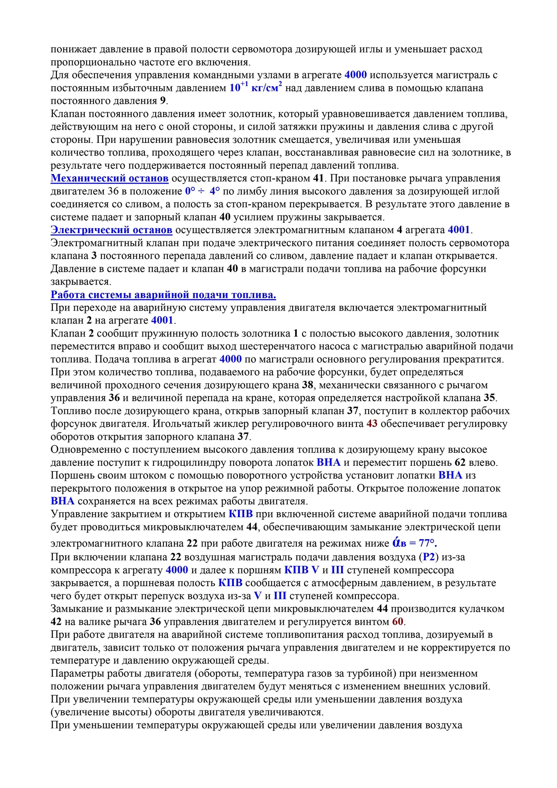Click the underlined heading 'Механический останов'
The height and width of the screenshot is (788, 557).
(110, 179)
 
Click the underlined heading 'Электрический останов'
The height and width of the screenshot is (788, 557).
(111, 230)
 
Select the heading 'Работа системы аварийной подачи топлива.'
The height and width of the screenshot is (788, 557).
(163, 295)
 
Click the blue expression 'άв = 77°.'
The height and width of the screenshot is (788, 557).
(415, 543)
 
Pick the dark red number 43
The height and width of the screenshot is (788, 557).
(372, 424)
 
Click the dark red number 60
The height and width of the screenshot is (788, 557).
(397, 622)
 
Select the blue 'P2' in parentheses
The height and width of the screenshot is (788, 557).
(429, 557)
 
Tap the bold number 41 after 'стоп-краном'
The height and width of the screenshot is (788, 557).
(319, 179)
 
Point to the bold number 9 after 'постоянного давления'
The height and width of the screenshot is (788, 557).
(163, 101)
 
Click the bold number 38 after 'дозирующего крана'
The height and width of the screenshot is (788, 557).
(308, 385)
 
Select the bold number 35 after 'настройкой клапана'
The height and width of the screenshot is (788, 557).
(489, 398)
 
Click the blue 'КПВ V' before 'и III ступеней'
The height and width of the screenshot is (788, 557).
(302, 570)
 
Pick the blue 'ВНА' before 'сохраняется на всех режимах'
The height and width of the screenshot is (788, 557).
(62, 501)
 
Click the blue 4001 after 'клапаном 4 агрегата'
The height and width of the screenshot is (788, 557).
(459, 230)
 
